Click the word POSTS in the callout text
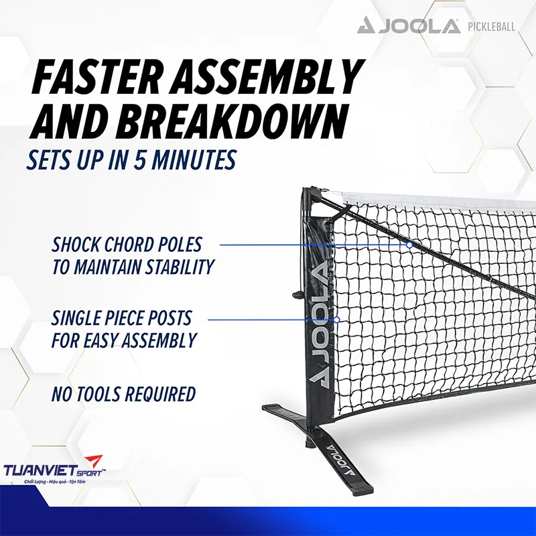tap(167, 317)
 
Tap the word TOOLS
tap(107, 394)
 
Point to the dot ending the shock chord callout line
tap(409, 245)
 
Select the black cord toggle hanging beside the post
tap(294, 293)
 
